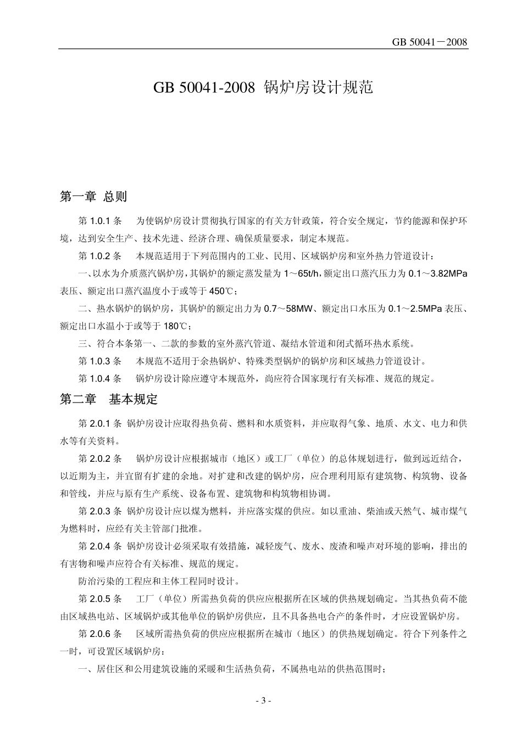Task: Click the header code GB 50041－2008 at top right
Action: (430, 42)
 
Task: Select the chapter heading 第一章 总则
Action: (93, 197)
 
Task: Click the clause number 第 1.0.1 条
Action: (100, 221)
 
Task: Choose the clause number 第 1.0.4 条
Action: (100, 378)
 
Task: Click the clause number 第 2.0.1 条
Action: (100, 424)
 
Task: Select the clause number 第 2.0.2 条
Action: (100, 459)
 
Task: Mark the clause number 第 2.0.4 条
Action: (100, 546)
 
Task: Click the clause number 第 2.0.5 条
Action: (100, 599)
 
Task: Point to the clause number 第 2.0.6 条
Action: (100, 634)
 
